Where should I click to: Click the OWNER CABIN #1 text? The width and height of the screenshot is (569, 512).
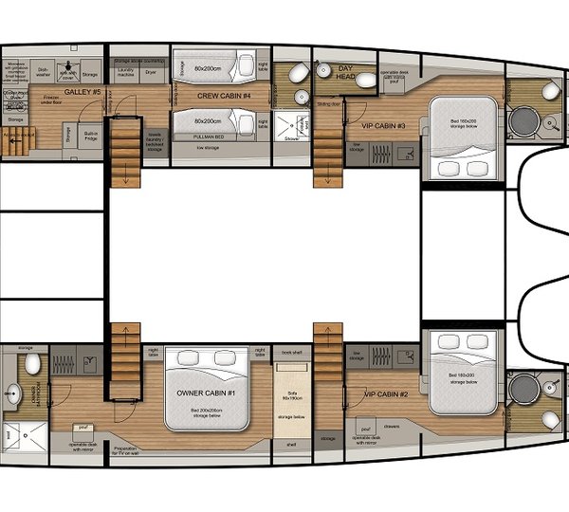(x=206, y=393)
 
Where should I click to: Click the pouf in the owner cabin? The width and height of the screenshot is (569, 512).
(x=83, y=429)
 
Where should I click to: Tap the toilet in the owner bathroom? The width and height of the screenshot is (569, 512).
(x=32, y=363)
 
